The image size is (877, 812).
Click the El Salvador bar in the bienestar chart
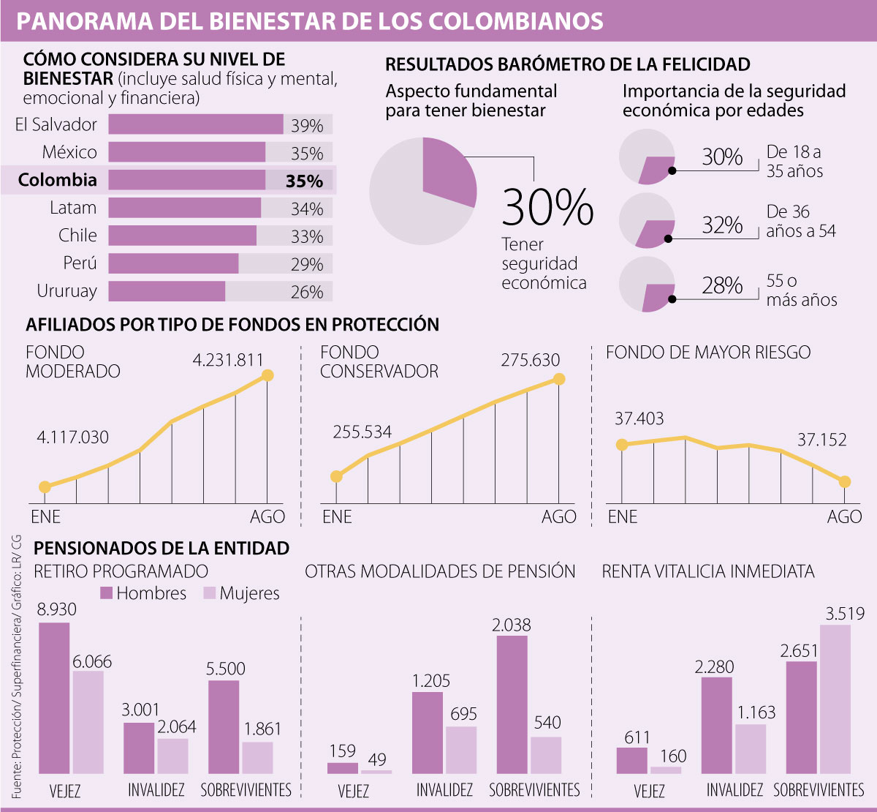click(x=196, y=124)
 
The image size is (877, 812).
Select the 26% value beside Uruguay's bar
click(x=307, y=292)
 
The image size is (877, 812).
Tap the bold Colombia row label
click(x=58, y=180)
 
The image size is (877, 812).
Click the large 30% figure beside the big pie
click(x=547, y=207)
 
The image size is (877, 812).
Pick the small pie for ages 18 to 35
click(x=647, y=157)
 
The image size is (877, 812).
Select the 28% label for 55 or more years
click(x=722, y=285)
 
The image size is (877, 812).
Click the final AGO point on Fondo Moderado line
click(x=267, y=375)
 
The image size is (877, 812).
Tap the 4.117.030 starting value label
click(x=72, y=437)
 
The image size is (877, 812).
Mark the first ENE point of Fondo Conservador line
click(x=336, y=477)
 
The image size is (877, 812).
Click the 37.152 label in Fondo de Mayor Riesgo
click(x=821, y=440)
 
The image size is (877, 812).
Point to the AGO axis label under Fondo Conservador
click(x=558, y=517)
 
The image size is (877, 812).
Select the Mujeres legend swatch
click(x=209, y=593)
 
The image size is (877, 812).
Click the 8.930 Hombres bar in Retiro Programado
click(x=54, y=698)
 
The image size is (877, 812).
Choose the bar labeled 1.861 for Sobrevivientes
click(x=257, y=758)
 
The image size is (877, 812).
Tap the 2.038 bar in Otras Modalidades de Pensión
click(x=512, y=704)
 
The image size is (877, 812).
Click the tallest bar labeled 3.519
click(x=835, y=699)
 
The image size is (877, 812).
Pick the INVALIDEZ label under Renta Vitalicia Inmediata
click(x=734, y=791)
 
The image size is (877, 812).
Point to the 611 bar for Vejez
click(x=632, y=760)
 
